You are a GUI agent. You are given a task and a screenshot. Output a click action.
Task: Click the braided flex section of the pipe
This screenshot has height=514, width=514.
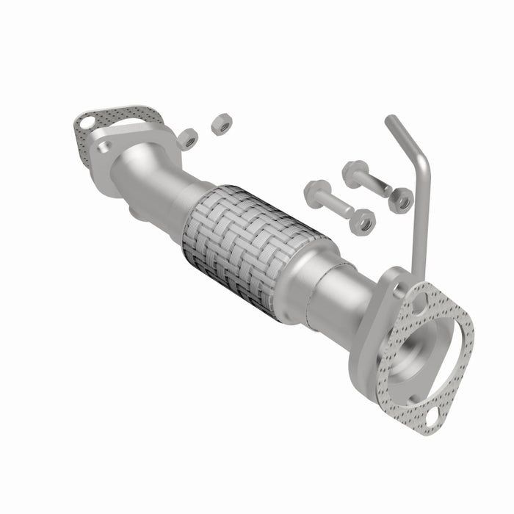coord(250,246)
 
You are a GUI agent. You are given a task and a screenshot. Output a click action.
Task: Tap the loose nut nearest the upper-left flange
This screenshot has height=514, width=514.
coord(188,137)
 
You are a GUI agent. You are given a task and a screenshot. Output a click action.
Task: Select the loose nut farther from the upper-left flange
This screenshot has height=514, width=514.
coord(221,126)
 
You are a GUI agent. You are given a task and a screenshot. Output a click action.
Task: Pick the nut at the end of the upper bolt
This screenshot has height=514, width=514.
coord(401,200)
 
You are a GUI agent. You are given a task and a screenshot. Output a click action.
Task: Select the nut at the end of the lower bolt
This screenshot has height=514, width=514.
coord(362,221)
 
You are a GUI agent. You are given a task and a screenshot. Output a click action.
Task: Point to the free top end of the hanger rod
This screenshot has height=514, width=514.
coord(389,120)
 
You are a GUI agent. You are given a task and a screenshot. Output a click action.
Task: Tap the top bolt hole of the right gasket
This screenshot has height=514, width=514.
coord(421,300)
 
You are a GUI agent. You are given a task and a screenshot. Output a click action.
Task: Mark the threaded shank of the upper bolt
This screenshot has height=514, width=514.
coord(376,184)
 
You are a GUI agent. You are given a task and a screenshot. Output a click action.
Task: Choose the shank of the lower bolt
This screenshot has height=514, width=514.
coord(336,206)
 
